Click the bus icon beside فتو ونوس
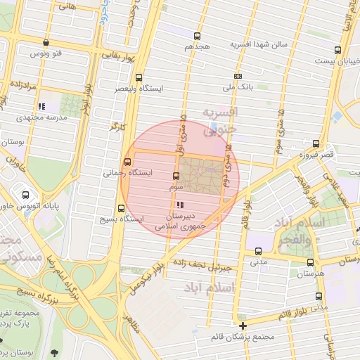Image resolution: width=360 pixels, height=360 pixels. (x=46, y=43)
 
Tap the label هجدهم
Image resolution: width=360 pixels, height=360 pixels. (x=198, y=46)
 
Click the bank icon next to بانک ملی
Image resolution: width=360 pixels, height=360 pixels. (x=238, y=76)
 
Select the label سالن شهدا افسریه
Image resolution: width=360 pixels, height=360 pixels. (x=259, y=44)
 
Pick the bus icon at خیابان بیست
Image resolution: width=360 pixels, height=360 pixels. (x=338, y=50)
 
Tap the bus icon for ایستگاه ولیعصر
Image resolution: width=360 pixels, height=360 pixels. (x=139, y=78)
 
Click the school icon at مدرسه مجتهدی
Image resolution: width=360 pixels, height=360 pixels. (x=40, y=106)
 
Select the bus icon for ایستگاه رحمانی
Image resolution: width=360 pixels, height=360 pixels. (x=127, y=162)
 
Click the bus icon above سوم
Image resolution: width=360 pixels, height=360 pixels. (x=176, y=176)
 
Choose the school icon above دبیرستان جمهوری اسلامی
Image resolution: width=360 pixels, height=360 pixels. (x=181, y=205)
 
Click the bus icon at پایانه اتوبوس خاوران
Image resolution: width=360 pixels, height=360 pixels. (x=26, y=195)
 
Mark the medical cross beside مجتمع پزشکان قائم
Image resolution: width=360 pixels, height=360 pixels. (x=243, y=326)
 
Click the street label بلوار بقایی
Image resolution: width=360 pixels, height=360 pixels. (x=121, y=53)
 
